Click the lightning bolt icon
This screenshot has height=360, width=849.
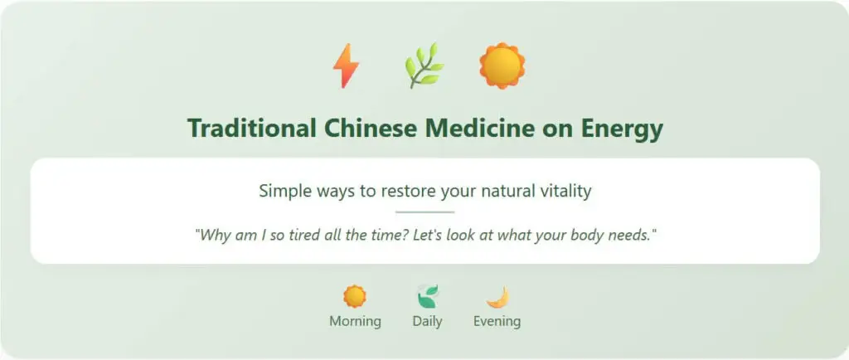pos(346,66)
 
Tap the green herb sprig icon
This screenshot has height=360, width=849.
pos(424,66)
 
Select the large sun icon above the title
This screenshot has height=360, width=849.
pos(502,66)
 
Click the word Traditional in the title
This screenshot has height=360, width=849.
pos(251,129)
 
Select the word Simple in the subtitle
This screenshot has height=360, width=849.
pos(284,191)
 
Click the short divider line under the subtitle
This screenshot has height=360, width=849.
pos(424,212)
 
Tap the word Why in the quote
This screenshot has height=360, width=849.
pos(212,235)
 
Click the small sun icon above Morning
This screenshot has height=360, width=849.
pos(355,296)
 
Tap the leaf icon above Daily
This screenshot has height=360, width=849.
pos(427,296)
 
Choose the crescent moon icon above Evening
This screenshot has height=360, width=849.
pos(497,296)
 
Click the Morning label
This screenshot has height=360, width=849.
pos(355,321)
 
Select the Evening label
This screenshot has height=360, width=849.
pos(497,321)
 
